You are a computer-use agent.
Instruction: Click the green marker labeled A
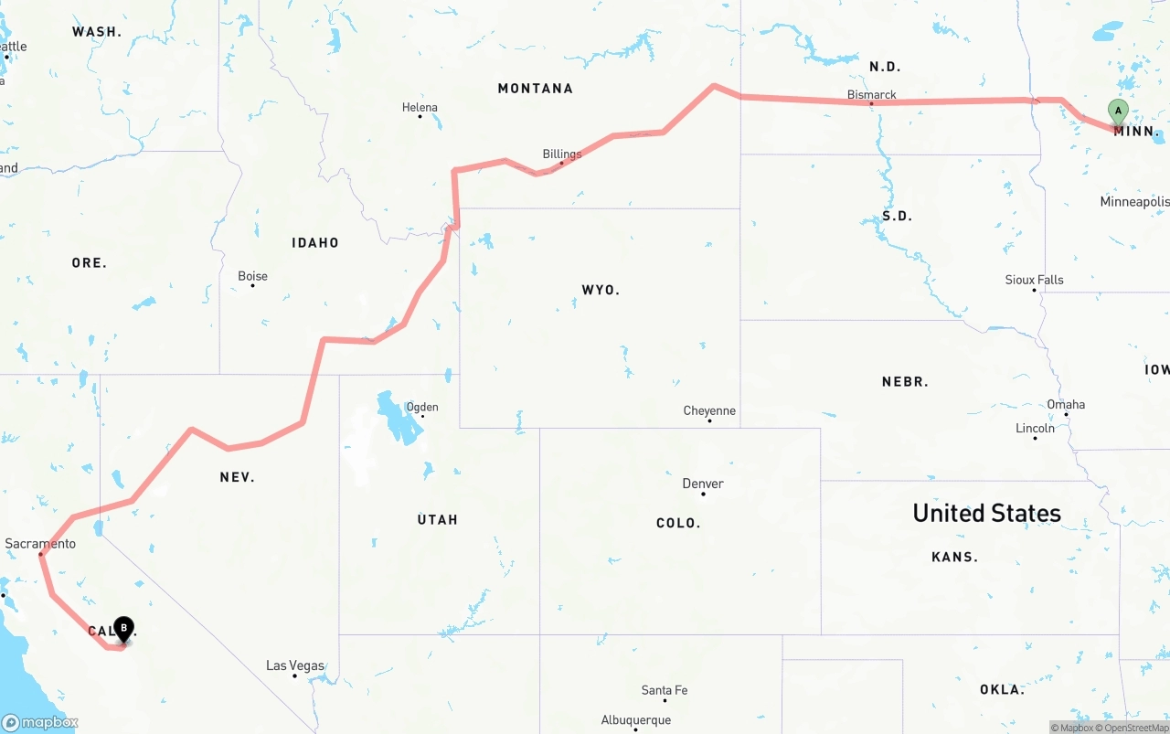[1117, 112]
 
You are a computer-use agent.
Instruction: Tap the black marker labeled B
[123, 629]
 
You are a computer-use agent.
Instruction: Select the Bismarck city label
[871, 94]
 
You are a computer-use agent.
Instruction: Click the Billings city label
[561, 154]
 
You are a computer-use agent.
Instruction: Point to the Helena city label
[420, 107]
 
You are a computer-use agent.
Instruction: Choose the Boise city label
[252, 276]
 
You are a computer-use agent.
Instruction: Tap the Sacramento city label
[40, 544]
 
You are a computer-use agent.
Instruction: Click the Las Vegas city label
[294, 665]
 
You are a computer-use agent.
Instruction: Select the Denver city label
[702, 484]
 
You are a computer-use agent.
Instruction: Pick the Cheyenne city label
[709, 410]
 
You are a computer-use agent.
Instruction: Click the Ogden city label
[421, 407]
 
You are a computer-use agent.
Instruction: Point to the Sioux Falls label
[1034, 280]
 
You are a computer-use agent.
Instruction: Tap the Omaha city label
[1066, 404]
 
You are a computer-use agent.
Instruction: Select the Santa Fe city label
[664, 690]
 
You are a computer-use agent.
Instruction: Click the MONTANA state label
[535, 89]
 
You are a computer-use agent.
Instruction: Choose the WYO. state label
[601, 290]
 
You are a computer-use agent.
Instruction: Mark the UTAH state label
[437, 519]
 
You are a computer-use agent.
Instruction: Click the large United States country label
[986, 513]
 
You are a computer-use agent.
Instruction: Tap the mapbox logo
[40, 722]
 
